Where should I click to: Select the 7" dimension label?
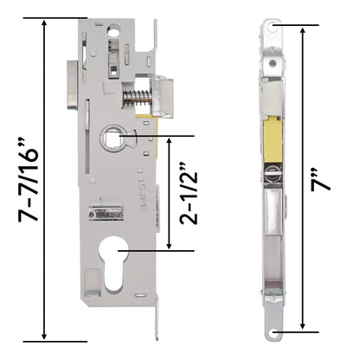[320, 180]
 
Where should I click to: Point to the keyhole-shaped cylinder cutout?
[113, 262]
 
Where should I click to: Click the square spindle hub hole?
[113, 137]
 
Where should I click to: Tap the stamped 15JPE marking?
[143, 194]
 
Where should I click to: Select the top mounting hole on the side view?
[272, 27]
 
